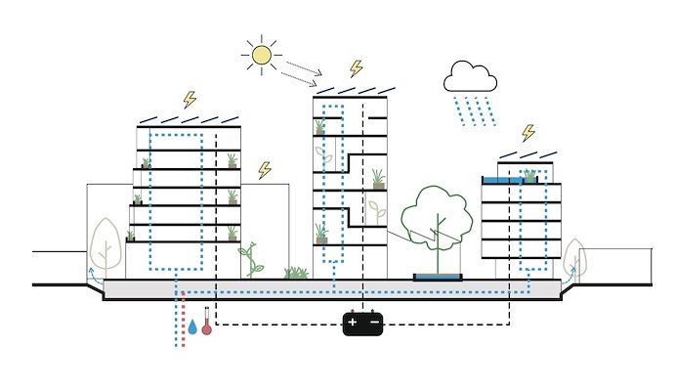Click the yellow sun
[x=261, y=55]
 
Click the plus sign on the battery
[x=353, y=322]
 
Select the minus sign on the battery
[x=373, y=322]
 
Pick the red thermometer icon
[x=206, y=326]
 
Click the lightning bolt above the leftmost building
[x=190, y=100]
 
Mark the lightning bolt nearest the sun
[x=356, y=68]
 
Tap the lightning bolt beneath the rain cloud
[x=528, y=133]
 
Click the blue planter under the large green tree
[x=438, y=278]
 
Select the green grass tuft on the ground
[x=295, y=273]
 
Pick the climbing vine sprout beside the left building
[x=251, y=261]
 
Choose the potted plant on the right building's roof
[x=530, y=176]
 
